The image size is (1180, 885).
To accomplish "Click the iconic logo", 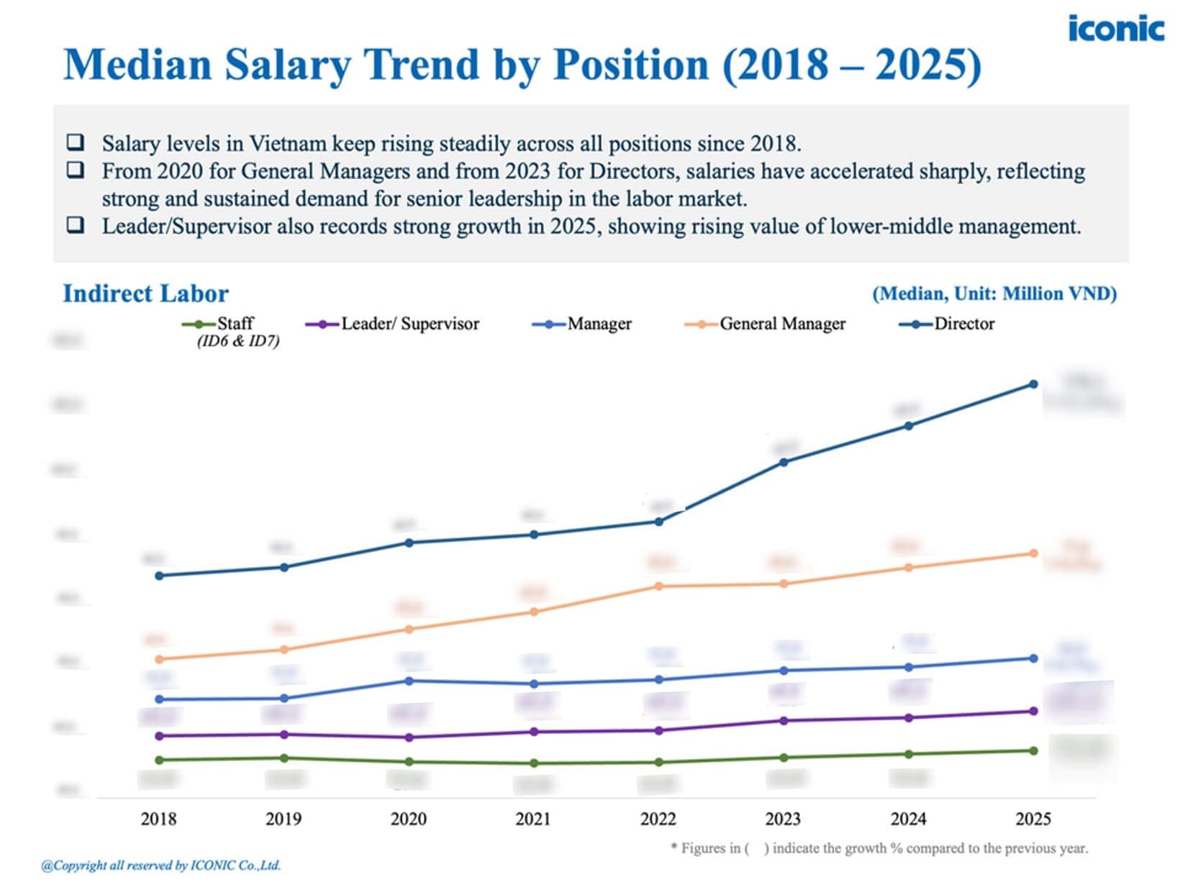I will coord(1115,29).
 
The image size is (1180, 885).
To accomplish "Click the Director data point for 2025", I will coord(1033,384).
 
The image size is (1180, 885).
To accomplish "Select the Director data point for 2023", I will coord(784,462).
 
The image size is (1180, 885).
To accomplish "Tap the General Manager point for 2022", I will coord(658,586).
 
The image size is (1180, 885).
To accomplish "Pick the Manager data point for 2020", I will coord(409,681).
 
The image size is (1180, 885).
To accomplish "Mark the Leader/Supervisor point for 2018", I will coord(159,736).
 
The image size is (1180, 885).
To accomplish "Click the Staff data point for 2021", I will coord(534,763).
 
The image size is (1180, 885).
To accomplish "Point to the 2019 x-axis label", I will coord(283,819).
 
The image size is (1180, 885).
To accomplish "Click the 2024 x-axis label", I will coord(908,819).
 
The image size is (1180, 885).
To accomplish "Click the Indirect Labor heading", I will coord(145,294).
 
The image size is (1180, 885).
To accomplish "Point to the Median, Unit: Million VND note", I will coord(994,294).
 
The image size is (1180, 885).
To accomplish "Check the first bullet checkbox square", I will coord(75,142).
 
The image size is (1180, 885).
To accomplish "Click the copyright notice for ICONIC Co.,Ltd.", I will coord(161,866).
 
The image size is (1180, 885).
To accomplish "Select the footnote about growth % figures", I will coord(879,848).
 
